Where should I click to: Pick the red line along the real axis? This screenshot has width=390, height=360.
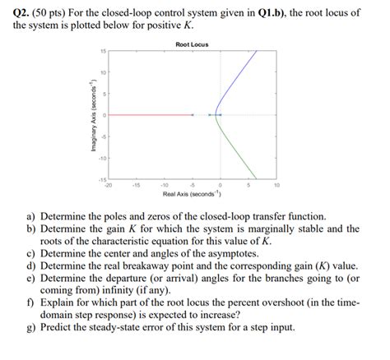[148, 114]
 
